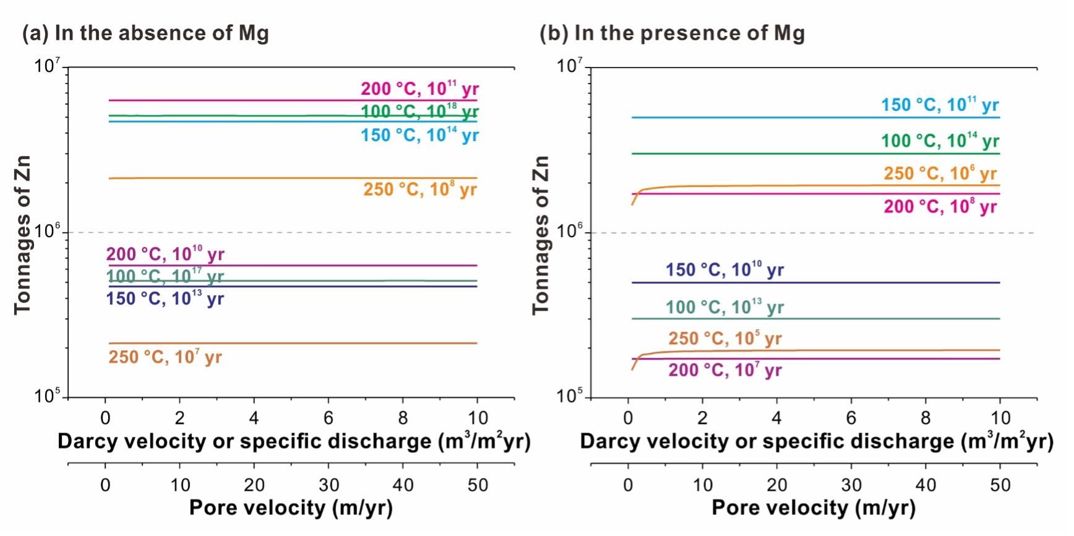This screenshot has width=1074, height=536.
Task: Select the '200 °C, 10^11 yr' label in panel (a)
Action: click(x=419, y=89)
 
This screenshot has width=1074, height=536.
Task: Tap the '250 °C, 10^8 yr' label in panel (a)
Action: click(x=419, y=189)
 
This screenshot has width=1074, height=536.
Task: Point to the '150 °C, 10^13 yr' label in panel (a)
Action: click(x=165, y=299)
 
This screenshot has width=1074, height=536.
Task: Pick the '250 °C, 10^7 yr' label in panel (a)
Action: click(x=165, y=357)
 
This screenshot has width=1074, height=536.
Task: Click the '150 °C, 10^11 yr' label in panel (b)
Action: click(x=940, y=105)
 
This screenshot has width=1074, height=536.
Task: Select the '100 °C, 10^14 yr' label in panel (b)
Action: click(x=940, y=141)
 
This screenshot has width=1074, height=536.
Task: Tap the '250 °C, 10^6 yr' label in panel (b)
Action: click(x=940, y=174)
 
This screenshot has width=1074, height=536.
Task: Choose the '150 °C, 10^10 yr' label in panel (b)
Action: click(x=724, y=270)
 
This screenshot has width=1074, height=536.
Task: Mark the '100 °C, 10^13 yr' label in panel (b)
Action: click(x=724, y=308)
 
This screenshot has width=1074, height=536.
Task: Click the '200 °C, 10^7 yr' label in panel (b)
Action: click(x=724, y=371)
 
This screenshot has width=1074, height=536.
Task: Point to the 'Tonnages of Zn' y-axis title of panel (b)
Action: click(x=541, y=235)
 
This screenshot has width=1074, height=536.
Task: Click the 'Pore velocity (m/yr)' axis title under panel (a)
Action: click(x=291, y=508)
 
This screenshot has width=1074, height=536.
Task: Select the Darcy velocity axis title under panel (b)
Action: click(x=816, y=441)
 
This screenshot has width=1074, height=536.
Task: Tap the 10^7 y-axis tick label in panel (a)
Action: click(x=47, y=66)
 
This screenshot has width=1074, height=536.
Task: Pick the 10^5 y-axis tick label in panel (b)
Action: click(x=570, y=396)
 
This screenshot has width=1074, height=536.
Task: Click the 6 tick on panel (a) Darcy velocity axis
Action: click(x=329, y=418)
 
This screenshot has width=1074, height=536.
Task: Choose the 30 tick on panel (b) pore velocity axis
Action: click(x=851, y=485)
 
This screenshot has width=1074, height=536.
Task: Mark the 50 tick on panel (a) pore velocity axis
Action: click(x=478, y=485)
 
